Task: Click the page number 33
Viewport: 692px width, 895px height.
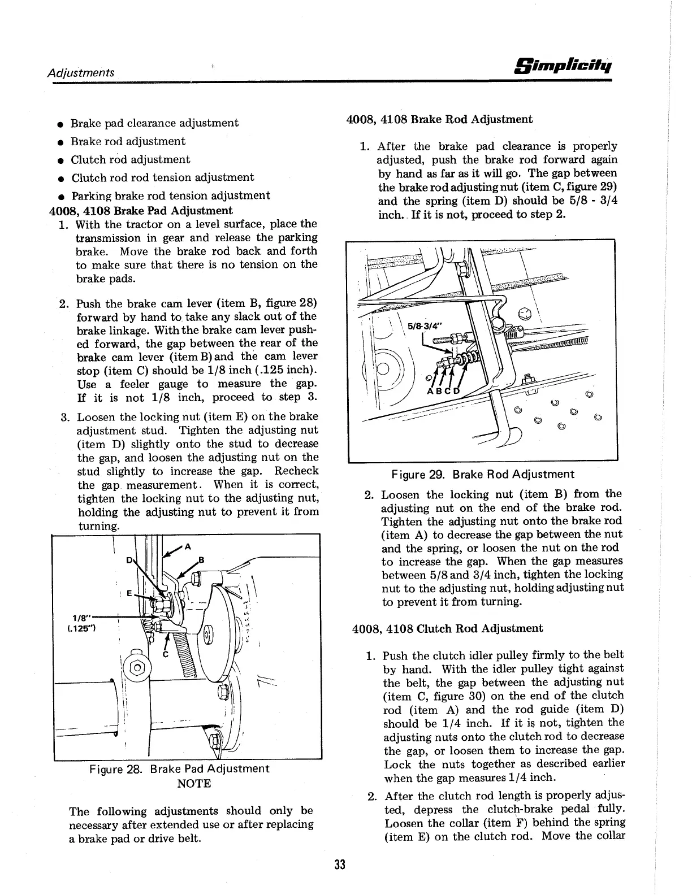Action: [x=340, y=865]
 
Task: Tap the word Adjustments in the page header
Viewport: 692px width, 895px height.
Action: [x=81, y=72]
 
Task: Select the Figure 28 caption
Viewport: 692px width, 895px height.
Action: [x=179, y=769]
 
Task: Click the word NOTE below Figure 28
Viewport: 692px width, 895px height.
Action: [x=194, y=784]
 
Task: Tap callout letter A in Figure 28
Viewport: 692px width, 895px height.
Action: [x=188, y=546]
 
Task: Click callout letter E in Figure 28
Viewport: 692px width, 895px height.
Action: [x=129, y=593]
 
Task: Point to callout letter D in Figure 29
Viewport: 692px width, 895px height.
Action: [x=457, y=392]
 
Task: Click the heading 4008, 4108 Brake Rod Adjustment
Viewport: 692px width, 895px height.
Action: [x=439, y=119]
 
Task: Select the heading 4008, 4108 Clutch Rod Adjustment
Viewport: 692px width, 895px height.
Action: [x=447, y=628]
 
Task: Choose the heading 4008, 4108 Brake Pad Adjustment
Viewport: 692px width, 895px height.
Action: [x=139, y=211]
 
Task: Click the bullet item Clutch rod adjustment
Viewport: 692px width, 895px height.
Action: [x=130, y=159]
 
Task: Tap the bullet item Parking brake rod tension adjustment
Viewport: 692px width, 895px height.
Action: [x=170, y=195]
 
